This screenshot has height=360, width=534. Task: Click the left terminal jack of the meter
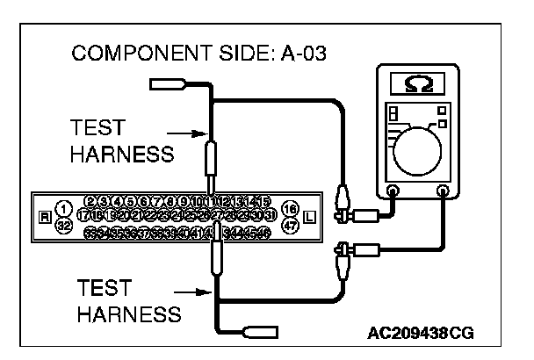point(392,191)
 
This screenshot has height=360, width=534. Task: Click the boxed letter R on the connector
point(45,217)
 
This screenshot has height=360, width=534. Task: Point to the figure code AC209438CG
point(421,334)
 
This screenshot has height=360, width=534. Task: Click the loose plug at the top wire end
point(168,84)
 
